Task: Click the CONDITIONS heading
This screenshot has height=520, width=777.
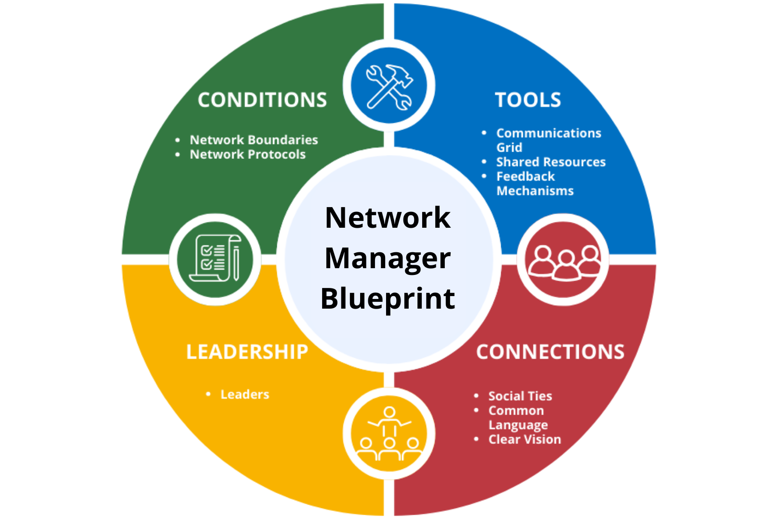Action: pyautogui.click(x=262, y=100)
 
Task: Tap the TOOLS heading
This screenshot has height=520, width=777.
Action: pyautogui.click(x=528, y=100)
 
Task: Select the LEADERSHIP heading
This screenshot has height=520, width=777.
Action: pyautogui.click(x=247, y=352)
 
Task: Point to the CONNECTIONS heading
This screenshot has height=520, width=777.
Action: pyautogui.click(x=550, y=352)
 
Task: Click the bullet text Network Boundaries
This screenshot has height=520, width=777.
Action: pyautogui.click(x=254, y=140)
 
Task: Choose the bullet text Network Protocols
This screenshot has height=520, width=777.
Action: pyautogui.click(x=247, y=155)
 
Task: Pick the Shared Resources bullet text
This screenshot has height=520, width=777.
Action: pyautogui.click(x=551, y=162)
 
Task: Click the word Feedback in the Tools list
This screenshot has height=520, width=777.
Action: pyautogui.click(x=525, y=177)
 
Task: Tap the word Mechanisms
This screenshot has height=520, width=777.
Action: pyautogui.click(x=535, y=191)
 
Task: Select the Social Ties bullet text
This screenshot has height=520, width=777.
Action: pyautogui.click(x=520, y=396)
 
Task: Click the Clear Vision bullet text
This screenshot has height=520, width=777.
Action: pyautogui.click(x=524, y=440)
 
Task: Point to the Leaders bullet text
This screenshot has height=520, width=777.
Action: pyautogui.click(x=245, y=395)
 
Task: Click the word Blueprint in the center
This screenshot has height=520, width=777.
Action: pyautogui.click(x=388, y=299)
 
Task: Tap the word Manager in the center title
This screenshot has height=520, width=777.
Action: pyautogui.click(x=388, y=259)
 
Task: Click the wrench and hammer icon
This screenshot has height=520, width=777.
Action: pyautogui.click(x=389, y=87)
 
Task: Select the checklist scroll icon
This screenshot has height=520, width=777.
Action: pyautogui.click(x=215, y=259)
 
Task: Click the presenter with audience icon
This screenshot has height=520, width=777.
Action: pyautogui.click(x=389, y=433)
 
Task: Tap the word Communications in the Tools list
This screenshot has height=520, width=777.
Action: pyautogui.click(x=548, y=133)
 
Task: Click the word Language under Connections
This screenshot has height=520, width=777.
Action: pyautogui.click(x=518, y=425)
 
